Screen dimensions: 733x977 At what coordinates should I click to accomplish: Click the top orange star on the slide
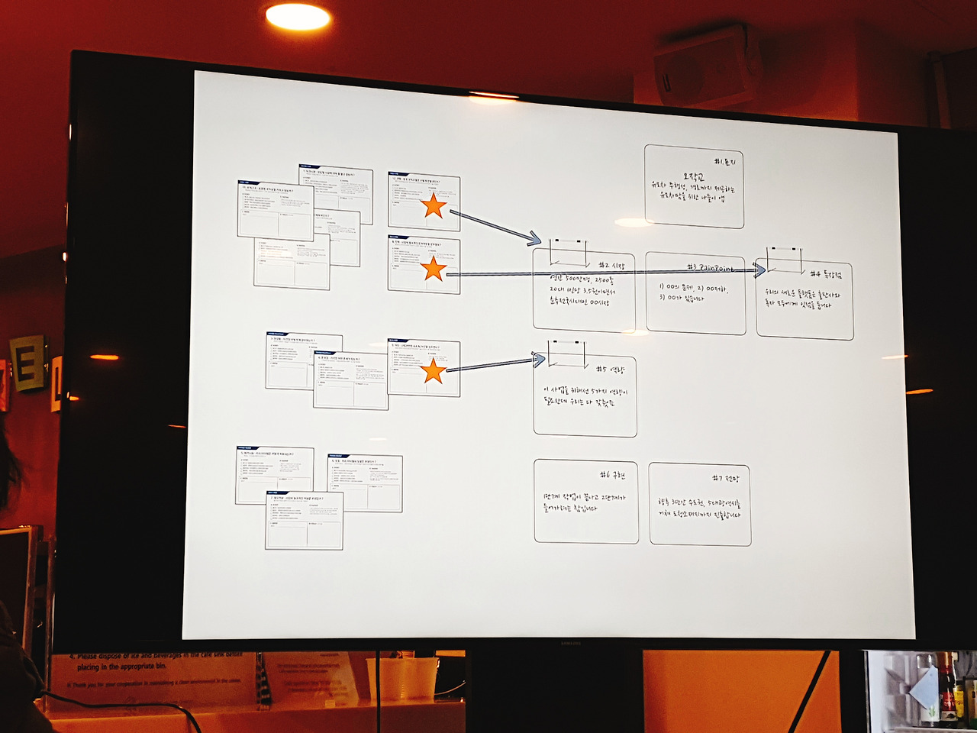[x=434, y=205]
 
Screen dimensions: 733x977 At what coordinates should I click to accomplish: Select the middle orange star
[x=434, y=268]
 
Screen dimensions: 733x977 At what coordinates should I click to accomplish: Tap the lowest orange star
[x=433, y=371]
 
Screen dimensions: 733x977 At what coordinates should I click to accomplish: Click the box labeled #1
[x=694, y=186]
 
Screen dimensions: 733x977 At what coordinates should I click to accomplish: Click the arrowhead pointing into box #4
[x=759, y=270]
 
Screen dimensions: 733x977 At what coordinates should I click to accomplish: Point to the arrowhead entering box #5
[x=538, y=359]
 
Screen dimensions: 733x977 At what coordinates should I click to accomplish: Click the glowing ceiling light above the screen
[x=298, y=16]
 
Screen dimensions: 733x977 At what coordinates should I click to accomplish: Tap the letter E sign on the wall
[x=29, y=365]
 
